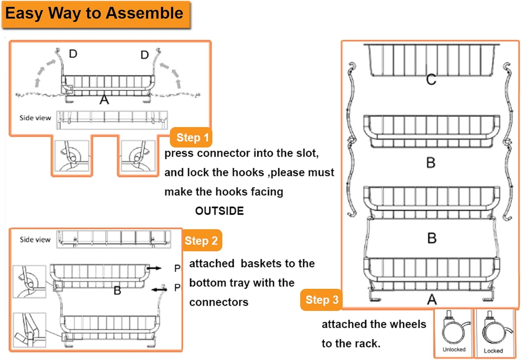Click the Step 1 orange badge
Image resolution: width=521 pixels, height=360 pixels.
click(192, 138)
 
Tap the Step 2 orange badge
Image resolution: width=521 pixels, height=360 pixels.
click(201, 240)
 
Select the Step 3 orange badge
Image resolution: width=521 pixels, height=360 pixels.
click(321, 300)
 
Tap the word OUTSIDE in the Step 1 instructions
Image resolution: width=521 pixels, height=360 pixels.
click(219, 211)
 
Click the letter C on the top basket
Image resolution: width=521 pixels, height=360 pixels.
click(431, 80)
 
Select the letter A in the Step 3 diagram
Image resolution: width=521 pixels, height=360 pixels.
click(432, 300)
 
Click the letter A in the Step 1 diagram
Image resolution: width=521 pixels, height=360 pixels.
click(104, 100)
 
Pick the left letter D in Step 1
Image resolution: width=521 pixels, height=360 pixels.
click(73, 54)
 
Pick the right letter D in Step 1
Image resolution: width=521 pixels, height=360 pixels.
click(144, 55)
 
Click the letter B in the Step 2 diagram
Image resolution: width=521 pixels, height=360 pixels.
click(117, 291)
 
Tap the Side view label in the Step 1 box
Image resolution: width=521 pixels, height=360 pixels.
click(35, 118)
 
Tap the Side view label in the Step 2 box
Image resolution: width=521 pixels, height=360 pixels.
click(35, 239)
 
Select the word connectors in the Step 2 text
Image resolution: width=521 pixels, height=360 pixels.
click(219, 302)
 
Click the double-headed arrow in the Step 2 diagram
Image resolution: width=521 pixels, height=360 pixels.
click(159, 289)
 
